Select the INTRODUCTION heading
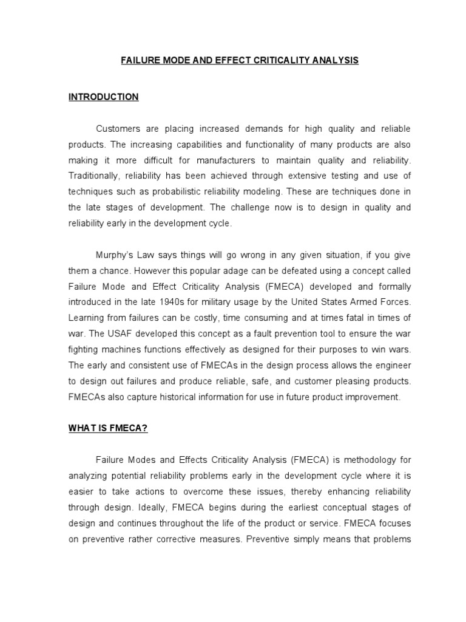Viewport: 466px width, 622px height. click(x=103, y=97)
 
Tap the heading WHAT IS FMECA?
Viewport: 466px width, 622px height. click(x=108, y=429)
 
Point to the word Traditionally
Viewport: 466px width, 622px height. click(x=95, y=176)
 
